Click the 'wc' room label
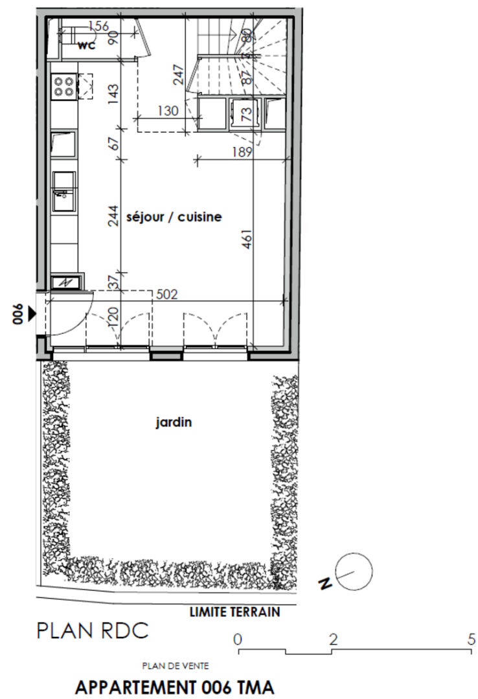(87, 45)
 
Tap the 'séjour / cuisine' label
(174, 217)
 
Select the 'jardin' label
(174, 422)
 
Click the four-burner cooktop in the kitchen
(64, 87)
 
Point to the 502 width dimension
(167, 294)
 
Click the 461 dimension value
(247, 239)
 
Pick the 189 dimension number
(242, 152)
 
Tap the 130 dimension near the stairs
(168, 111)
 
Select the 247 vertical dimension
(178, 75)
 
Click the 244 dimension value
(113, 216)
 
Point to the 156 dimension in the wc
(98, 27)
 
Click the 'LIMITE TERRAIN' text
(234, 612)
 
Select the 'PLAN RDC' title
(93, 631)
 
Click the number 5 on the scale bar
(472, 639)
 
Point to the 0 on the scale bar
(238, 639)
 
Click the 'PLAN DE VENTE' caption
(176, 666)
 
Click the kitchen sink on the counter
(64, 192)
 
